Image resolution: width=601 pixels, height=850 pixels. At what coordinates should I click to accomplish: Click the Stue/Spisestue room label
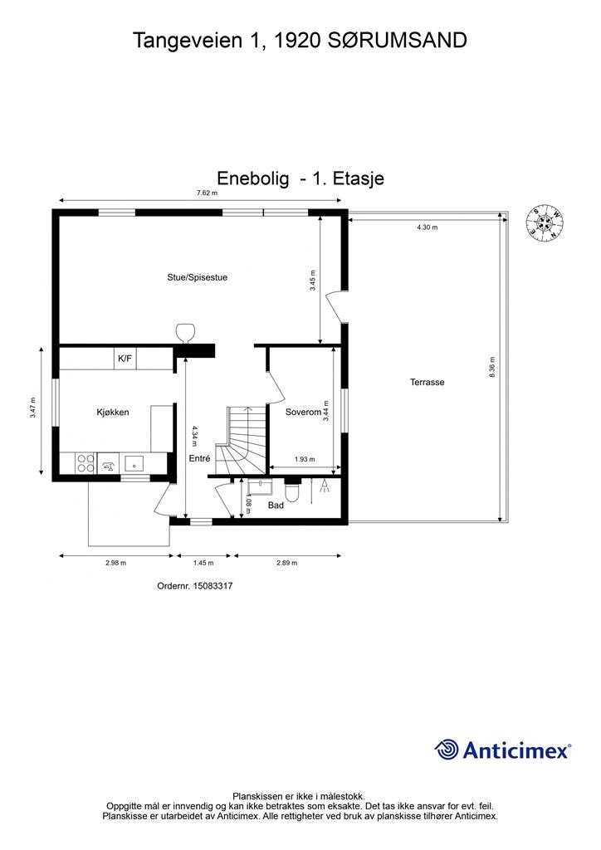198,277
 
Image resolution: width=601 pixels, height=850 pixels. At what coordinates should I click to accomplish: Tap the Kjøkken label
113,413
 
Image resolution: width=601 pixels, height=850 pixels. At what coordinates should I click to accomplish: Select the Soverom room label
304,413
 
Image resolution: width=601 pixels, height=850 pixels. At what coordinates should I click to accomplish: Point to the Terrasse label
427,382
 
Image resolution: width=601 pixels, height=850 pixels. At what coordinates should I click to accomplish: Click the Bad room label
276,506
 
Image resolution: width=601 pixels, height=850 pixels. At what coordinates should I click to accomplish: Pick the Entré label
199,458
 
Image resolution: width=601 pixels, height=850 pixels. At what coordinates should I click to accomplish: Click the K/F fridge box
125,359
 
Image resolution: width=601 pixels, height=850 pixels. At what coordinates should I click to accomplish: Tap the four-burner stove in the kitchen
86,463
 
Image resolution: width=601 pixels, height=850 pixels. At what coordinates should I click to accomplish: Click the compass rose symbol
544,224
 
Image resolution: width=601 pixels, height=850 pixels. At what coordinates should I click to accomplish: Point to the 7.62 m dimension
207,193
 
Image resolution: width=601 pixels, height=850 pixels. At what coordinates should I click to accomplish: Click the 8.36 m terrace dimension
492,367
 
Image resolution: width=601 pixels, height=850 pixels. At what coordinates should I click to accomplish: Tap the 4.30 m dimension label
427,227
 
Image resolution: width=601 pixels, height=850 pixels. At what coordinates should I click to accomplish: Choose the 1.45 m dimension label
203,563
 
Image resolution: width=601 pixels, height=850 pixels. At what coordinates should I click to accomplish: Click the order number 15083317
213,586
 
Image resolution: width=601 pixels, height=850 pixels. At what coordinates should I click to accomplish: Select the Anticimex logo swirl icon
447,750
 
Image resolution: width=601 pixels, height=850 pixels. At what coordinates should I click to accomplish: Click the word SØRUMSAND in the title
398,41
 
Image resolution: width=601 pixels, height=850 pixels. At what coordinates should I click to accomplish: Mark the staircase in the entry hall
242,440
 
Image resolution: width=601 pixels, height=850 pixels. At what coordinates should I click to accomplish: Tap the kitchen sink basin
134,463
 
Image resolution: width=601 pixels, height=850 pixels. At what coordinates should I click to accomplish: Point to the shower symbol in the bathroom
324,486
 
